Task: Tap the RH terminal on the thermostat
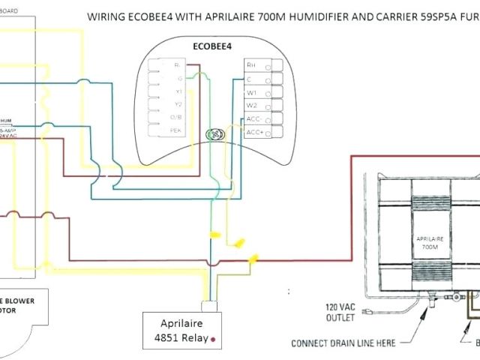coord(253,65)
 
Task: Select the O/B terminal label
coord(177,117)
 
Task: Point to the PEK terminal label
coord(177,130)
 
